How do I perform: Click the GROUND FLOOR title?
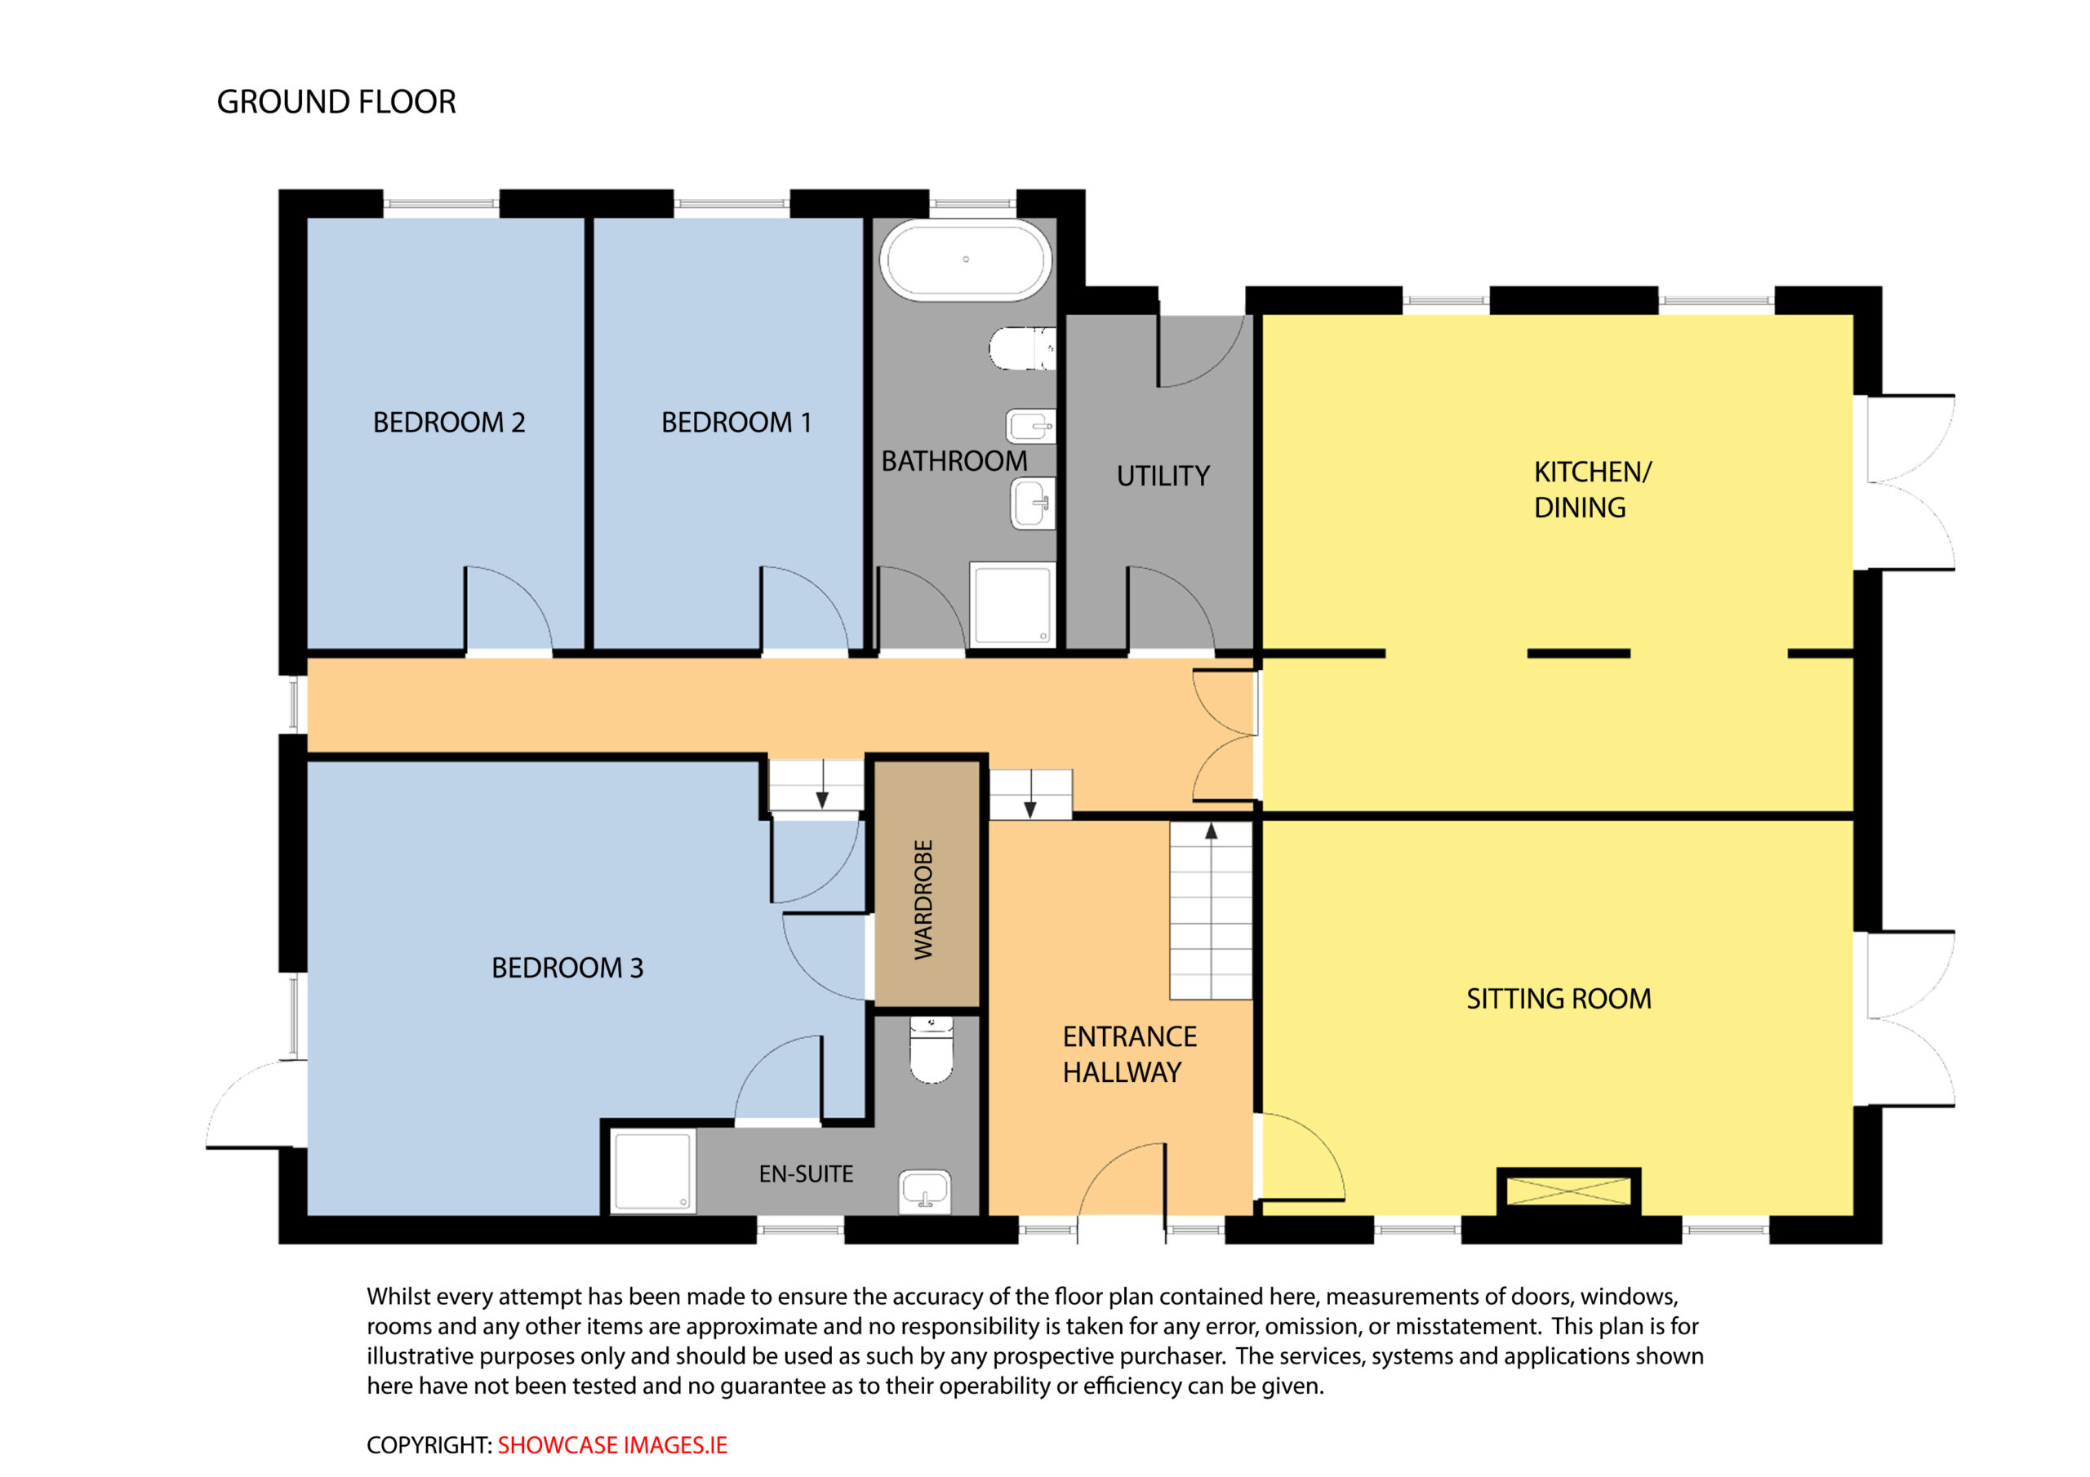click(336, 102)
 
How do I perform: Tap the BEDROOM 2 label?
click(449, 422)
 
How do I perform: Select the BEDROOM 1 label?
click(736, 422)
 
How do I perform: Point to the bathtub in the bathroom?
click(966, 259)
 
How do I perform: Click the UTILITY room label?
click(1163, 476)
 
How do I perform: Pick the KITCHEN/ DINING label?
click(1592, 490)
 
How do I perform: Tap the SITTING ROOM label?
click(1559, 998)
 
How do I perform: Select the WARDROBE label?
click(924, 899)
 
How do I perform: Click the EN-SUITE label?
click(806, 1174)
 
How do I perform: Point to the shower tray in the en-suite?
click(652, 1171)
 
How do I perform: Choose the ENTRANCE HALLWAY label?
click(1130, 1053)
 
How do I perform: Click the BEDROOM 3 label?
click(567, 967)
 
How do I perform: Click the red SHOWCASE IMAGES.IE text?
click(612, 1445)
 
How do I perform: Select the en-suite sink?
click(926, 1191)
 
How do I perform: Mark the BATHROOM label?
click(954, 461)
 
